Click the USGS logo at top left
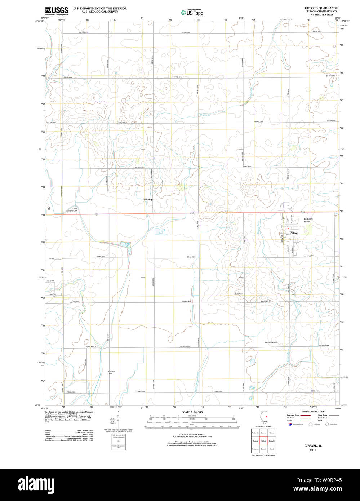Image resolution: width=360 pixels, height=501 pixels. (57, 11)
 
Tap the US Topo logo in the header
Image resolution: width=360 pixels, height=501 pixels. (192, 12)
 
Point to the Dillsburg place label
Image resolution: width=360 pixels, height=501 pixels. (148, 199)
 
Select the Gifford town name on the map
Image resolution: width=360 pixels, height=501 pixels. (294, 233)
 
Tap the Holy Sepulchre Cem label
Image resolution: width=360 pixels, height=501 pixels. (71, 209)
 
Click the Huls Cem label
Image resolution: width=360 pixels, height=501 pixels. (239, 294)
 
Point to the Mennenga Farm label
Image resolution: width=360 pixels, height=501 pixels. (271, 342)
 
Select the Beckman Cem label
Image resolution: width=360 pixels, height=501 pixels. (111, 373)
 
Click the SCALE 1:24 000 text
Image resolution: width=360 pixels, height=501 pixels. (192, 412)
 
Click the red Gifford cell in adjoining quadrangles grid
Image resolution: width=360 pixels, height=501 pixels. (263, 441)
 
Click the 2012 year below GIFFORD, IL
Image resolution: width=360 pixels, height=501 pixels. (312, 450)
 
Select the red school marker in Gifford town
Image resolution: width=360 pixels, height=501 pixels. (288, 229)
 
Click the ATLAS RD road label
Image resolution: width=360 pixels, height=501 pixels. (50, 281)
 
